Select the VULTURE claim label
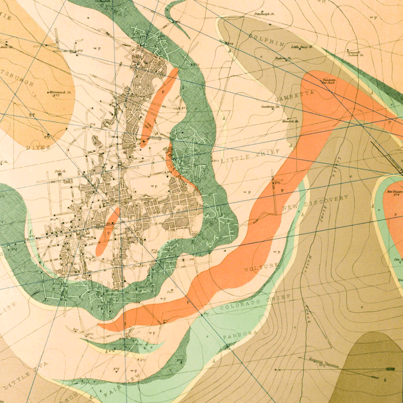(261, 268)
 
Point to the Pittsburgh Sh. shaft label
(265, 14)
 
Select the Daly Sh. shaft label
(60, 172)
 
